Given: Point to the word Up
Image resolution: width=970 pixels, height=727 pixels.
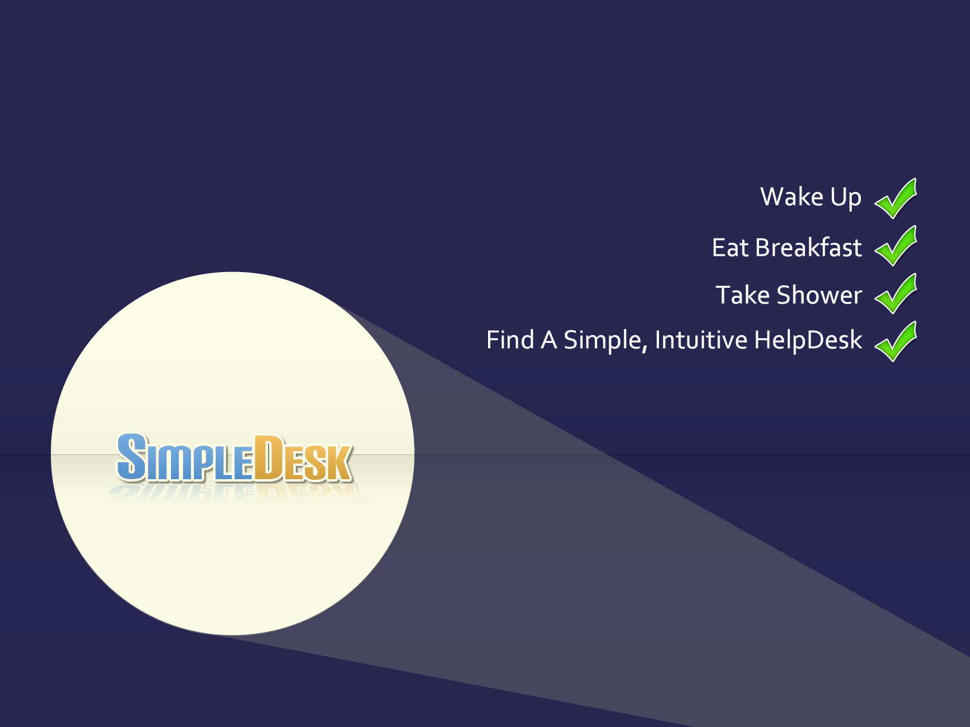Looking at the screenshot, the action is pos(846,198).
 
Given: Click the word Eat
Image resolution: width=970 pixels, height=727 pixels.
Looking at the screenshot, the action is pos(730,248).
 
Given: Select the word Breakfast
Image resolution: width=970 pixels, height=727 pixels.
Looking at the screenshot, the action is pos(808,247).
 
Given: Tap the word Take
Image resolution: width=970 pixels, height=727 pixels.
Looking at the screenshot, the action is pos(743,295).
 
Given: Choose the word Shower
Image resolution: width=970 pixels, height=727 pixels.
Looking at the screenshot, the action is pos(819,295).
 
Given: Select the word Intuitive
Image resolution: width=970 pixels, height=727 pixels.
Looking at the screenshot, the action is pos(701,340).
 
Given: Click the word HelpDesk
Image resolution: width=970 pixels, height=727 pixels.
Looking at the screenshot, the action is pos(808,340).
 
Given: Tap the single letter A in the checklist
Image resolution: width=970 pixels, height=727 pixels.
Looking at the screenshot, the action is pos(549,340).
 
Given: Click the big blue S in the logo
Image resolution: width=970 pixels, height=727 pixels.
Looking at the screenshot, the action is pos(131,456).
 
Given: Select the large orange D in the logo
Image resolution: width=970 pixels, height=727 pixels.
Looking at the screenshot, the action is pos(268,458).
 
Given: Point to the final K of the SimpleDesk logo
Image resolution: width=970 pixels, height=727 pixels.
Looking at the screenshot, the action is pos(339,463).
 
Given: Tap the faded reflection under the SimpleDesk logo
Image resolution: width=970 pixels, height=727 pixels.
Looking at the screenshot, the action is pos(234,493).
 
